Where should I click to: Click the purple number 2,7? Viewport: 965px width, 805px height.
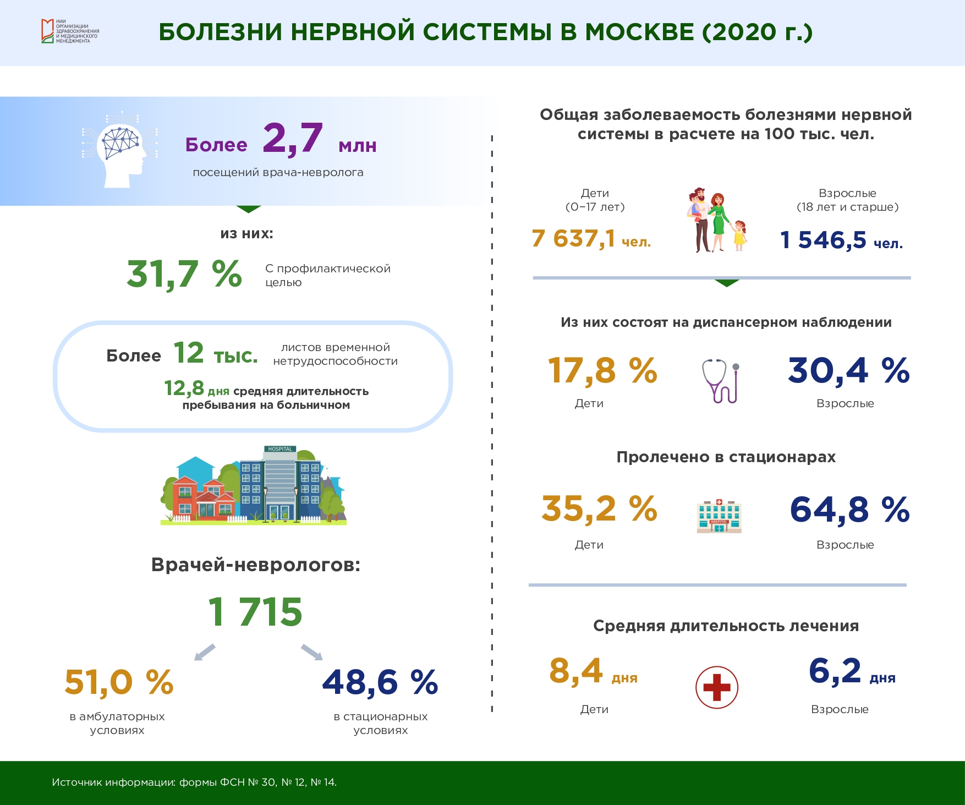(292, 139)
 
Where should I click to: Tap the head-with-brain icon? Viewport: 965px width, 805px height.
(120, 150)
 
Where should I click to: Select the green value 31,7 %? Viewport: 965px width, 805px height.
(184, 274)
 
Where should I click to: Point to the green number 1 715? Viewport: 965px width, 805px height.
(255, 612)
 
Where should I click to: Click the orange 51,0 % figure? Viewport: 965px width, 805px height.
(119, 683)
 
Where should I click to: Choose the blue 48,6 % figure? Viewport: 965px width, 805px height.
(380, 683)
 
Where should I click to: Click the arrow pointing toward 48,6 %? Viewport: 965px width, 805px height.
(312, 652)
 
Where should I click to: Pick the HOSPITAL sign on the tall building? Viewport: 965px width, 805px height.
(280, 449)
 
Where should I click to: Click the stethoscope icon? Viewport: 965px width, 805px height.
(720, 381)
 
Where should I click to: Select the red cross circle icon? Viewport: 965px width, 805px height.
(717, 688)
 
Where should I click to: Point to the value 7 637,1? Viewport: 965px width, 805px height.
(573, 239)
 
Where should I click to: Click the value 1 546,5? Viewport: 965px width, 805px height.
(823, 240)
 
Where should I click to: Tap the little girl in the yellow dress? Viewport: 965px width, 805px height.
(739, 236)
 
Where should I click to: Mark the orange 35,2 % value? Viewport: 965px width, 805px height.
(599, 509)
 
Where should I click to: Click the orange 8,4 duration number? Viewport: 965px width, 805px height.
(576, 671)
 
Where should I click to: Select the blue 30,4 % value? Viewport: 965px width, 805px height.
(849, 371)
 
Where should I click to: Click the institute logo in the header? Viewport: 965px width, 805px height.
(70, 31)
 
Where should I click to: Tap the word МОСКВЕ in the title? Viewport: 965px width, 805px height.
(639, 32)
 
